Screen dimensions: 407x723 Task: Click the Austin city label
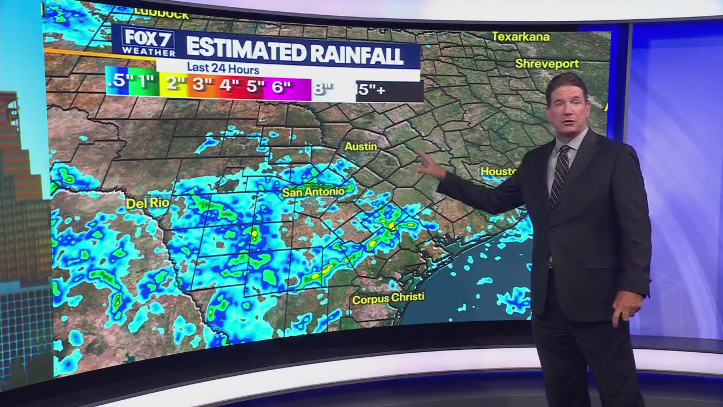click(361, 146)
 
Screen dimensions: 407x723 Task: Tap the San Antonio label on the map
click(313, 192)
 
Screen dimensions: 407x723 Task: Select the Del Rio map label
click(140, 203)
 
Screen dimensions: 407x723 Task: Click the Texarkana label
click(520, 37)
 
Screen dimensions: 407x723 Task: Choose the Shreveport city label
click(547, 64)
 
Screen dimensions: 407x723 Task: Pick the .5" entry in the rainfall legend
click(117, 81)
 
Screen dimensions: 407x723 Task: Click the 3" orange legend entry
click(202, 85)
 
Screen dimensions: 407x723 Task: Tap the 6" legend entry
click(281, 88)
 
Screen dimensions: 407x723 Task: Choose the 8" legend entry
click(323, 89)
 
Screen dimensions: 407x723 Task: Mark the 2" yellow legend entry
click(176, 84)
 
